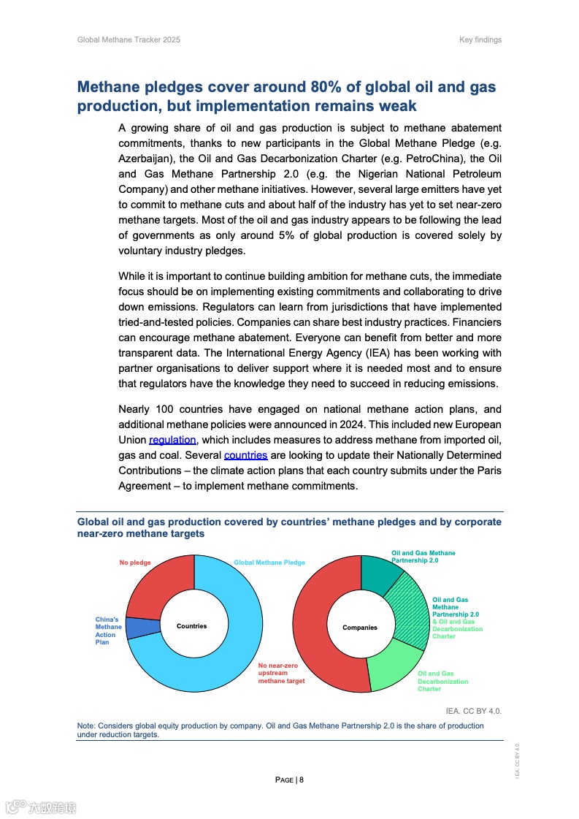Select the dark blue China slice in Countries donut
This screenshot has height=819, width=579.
pos(142,628)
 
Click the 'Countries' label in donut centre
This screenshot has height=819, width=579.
pos(191,626)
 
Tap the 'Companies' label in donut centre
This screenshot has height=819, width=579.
pos(360,628)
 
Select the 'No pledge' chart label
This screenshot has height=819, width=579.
pos(136,562)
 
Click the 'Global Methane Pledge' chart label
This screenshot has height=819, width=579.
pos(269,563)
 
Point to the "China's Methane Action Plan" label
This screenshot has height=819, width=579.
pos(108,631)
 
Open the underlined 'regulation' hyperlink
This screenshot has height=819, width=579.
pos(173,440)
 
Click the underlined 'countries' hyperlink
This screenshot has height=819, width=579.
pos(245,455)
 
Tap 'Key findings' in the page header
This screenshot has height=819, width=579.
pos(480,39)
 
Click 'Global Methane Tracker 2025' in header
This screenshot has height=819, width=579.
pos(129,39)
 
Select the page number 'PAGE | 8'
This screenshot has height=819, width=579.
pos(289,780)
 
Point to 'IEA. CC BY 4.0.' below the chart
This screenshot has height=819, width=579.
pos(473,711)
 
